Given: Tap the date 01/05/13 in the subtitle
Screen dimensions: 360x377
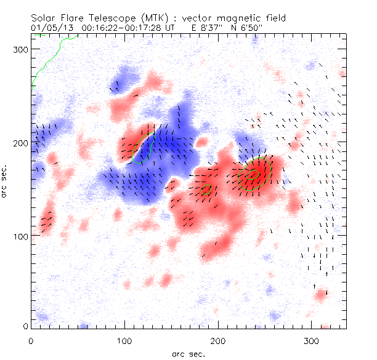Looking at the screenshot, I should pyautogui.click(x=50, y=28).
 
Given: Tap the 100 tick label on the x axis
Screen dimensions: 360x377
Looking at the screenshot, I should pyautogui.click(x=124, y=339).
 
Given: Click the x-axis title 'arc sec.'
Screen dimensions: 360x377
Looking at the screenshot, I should pyautogui.click(x=188, y=353).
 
